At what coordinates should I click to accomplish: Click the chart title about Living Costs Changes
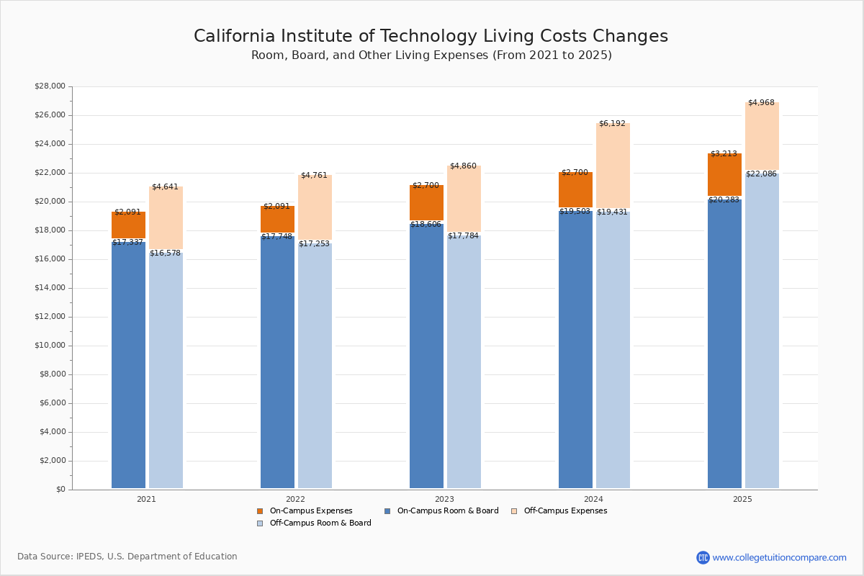coord(431,37)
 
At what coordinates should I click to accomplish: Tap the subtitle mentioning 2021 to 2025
coord(431,55)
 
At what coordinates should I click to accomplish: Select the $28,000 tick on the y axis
coord(50,86)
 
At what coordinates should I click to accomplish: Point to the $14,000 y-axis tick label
coord(50,288)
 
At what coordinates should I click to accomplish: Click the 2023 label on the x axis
coord(444,499)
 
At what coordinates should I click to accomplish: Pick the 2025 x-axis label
coord(742,499)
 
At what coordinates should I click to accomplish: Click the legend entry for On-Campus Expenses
coord(310,511)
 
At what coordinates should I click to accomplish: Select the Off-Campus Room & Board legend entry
coord(320,523)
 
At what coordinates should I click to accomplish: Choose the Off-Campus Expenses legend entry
coord(564,511)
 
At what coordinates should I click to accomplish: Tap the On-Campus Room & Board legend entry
coord(447,511)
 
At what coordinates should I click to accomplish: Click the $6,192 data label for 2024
coord(612,124)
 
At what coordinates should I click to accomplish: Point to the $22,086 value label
coord(761,174)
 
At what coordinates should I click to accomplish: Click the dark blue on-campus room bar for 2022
coord(277,360)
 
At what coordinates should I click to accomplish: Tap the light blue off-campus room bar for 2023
coord(464,360)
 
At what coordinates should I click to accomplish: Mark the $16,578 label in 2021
coord(166,253)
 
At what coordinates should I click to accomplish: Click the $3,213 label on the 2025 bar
coord(724,154)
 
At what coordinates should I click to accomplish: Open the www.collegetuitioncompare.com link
coord(779,558)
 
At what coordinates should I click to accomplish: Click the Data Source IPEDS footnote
coord(127,557)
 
